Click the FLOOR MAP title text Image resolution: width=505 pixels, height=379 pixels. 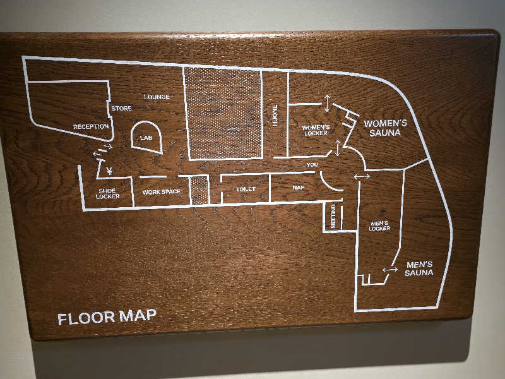tap(107, 317)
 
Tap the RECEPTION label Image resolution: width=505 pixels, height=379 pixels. tap(91, 127)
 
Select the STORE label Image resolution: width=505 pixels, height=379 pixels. tap(121, 108)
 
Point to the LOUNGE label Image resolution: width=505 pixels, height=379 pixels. tap(157, 97)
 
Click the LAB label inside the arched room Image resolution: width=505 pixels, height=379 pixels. tap(146, 138)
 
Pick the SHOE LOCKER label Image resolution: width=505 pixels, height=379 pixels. tap(107, 193)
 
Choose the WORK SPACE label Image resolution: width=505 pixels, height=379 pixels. tap(162, 192)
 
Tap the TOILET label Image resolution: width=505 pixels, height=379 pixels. tap(246, 189)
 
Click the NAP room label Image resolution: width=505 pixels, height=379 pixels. tap(298, 187)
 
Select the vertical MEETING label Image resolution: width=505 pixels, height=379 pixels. tap(333, 216)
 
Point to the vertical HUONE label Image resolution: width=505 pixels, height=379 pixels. tap(275, 115)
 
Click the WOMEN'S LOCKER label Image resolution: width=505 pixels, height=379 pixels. tap(316, 130)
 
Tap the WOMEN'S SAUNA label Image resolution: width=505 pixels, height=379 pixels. tap(385, 128)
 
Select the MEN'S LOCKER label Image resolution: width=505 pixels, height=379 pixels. tap(379, 226)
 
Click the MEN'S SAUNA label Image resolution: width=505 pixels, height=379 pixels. tap(419, 269)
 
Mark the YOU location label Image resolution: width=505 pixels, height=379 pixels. tap(312, 165)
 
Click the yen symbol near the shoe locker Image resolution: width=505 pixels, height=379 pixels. tap(109, 171)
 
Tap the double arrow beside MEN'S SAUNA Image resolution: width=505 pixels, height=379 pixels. tap(390, 270)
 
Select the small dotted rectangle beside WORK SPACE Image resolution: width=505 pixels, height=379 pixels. tap(199, 190)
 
